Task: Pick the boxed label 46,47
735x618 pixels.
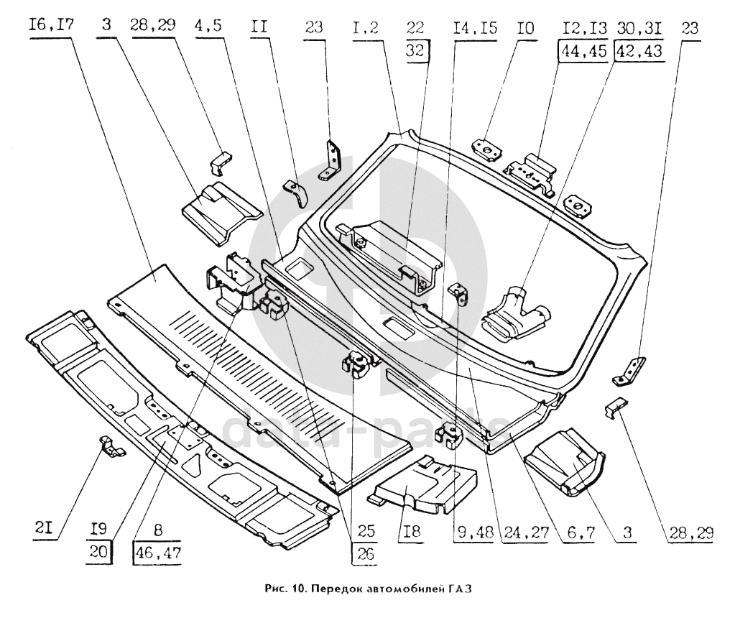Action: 156,554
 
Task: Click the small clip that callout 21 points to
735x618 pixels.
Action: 110,446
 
